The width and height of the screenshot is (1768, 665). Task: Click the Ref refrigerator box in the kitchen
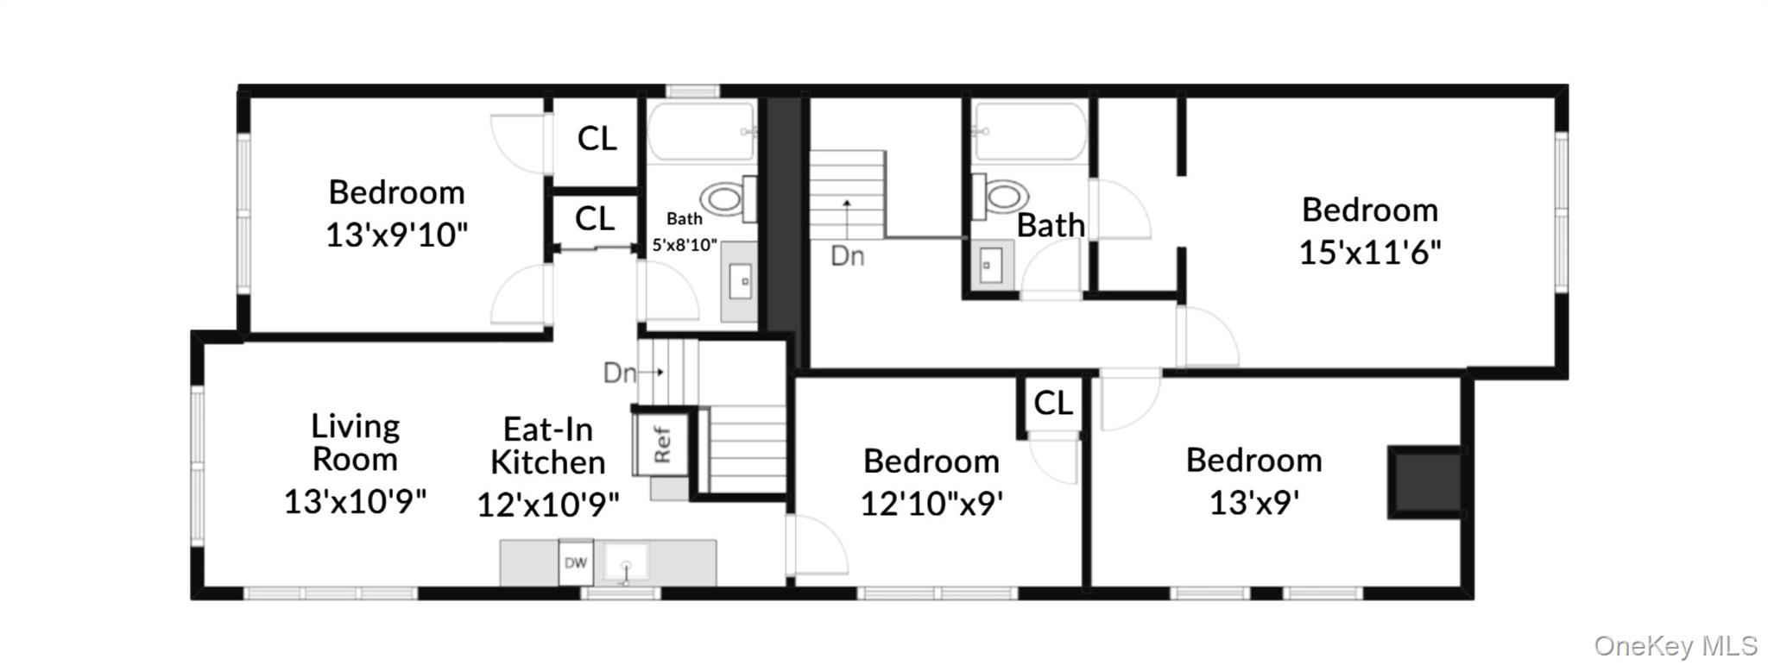(x=662, y=443)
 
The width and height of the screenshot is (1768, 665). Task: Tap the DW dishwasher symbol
(x=576, y=562)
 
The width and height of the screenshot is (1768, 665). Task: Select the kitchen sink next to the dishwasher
(x=626, y=563)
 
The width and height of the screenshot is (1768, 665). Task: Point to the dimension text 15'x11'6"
(x=1370, y=253)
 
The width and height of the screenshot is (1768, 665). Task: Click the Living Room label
(x=355, y=442)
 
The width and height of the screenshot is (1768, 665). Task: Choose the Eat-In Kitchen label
(x=548, y=446)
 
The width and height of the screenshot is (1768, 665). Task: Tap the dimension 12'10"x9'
(x=931, y=503)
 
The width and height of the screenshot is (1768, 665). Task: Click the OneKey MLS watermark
(x=1676, y=645)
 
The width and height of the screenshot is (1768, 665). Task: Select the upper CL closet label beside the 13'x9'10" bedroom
(x=597, y=138)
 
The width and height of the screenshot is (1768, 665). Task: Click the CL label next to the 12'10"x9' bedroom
(x=1053, y=403)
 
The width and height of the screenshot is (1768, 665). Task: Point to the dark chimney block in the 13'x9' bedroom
(x=1424, y=482)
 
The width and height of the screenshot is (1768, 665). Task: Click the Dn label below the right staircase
(x=847, y=256)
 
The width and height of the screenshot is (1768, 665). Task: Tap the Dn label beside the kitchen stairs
(x=620, y=373)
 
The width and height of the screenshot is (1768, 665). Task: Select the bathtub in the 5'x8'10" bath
(x=703, y=132)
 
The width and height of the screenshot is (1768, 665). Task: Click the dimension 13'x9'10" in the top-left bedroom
(x=396, y=235)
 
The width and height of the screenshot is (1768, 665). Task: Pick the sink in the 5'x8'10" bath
(x=740, y=281)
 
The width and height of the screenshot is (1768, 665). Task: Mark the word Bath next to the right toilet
(x=1051, y=225)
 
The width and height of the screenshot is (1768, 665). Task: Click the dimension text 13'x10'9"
(x=355, y=501)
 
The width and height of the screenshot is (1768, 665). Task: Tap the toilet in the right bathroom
(x=1000, y=197)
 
